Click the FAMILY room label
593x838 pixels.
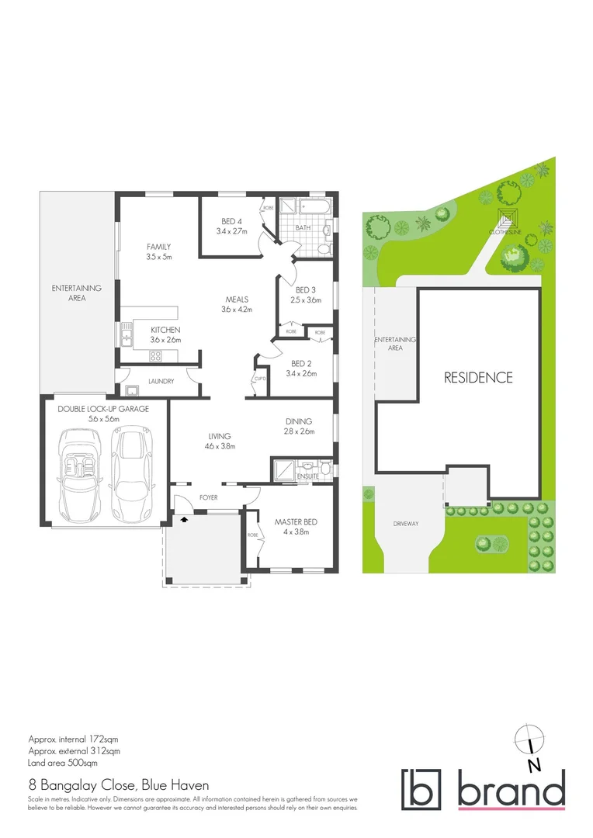pyautogui.click(x=158, y=247)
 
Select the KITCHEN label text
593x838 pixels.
pyautogui.click(x=165, y=330)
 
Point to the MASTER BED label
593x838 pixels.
pyautogui.click(x=296, y=521)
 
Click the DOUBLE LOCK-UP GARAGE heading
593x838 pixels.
pyautogui.click(x=102, y=408)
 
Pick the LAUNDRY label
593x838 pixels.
pyautogui.click(x=161, y=382)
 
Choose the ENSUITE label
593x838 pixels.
pyautogui.click(x=297, y=476)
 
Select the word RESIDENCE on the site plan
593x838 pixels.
pyautogui.click(x=478, y=378)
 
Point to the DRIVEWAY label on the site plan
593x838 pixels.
pyautogui.click(x=405, y=524)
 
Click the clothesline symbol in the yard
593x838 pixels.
pyautogui.click(x=510, y=216)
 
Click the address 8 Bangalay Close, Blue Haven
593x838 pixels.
pyautogui.click(x=107, y=784)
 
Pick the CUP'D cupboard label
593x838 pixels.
pyautogui.click(x=258, y=379)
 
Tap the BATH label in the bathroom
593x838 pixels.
pyautogui.click(x=302, y=228)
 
